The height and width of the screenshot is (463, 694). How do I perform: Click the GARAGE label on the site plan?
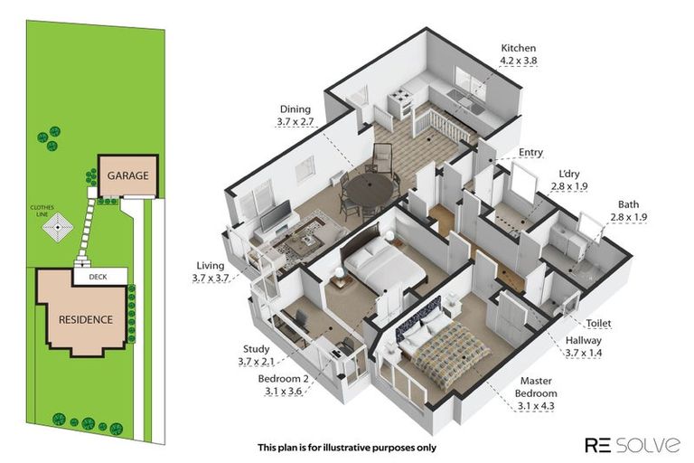click(128, 175)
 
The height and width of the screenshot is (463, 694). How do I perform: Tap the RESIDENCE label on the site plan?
click(86, 319)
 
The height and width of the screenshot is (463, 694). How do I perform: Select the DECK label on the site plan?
click(98, 277)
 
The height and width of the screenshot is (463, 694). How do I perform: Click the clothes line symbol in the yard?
click(58, 227)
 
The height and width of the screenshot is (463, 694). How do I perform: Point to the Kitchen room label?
click(519, 48)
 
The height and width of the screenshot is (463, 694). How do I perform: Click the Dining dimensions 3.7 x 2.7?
click(295, 121)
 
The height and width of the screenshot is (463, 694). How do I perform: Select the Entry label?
click(530, 153)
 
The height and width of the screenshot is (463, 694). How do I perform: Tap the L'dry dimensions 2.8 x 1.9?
click(569, 186)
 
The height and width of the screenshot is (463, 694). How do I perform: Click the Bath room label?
click(629, 204)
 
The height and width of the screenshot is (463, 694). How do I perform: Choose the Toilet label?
click(599, 324)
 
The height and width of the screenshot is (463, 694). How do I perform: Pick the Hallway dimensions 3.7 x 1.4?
click(584, 353)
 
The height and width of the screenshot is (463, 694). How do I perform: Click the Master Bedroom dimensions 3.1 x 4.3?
click(536, 406)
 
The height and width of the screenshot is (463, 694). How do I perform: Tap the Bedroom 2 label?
click(283, 379)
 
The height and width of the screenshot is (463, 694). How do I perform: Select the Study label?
click(257, 349)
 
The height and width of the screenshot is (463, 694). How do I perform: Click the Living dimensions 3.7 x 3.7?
click(211, 279)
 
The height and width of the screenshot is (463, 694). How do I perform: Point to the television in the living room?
click(276, 216)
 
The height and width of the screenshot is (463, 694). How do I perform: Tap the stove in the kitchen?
click(400, 103)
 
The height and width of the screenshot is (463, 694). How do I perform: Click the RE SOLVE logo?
click(633, 445)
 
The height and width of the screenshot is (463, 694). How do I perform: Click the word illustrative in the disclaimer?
click(347, 448)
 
